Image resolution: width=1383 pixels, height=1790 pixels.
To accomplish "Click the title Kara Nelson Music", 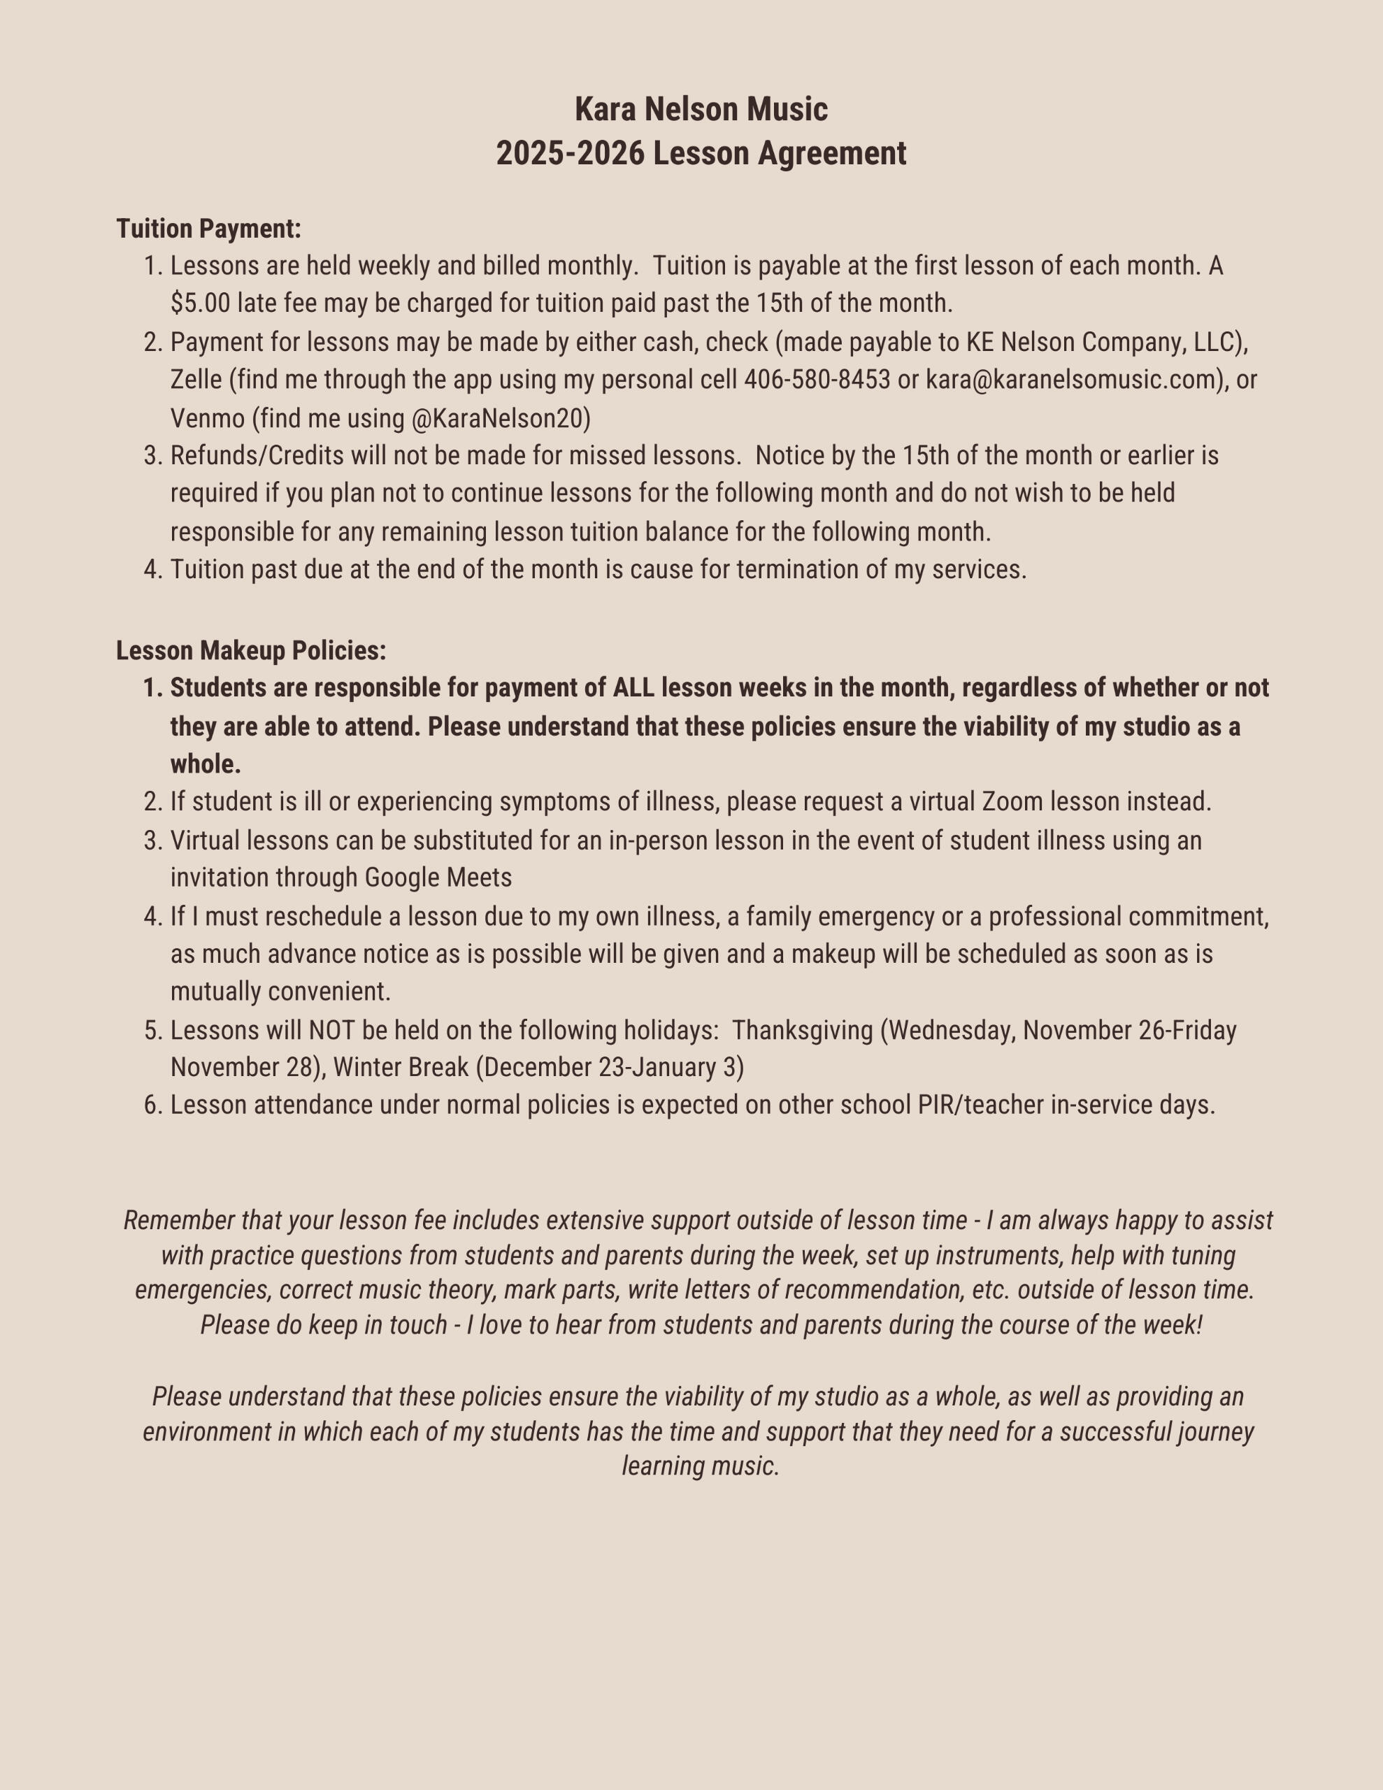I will [x=701, y=109].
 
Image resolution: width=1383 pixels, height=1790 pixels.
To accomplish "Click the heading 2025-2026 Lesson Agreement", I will [x=701, y=153].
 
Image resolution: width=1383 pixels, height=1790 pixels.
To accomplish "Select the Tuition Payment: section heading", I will [x=209, y=229].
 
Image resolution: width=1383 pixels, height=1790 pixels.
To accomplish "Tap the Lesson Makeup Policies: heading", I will [x=251, y=650].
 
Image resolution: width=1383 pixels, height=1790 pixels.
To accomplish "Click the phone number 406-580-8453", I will [x=817, y=380].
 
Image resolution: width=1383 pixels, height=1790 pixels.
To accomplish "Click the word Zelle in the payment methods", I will [x=196, y=380].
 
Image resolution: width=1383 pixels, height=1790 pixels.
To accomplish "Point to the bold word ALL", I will [x=633, y=687].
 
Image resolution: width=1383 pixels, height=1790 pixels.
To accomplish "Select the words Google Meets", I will [x=438, y=877].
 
